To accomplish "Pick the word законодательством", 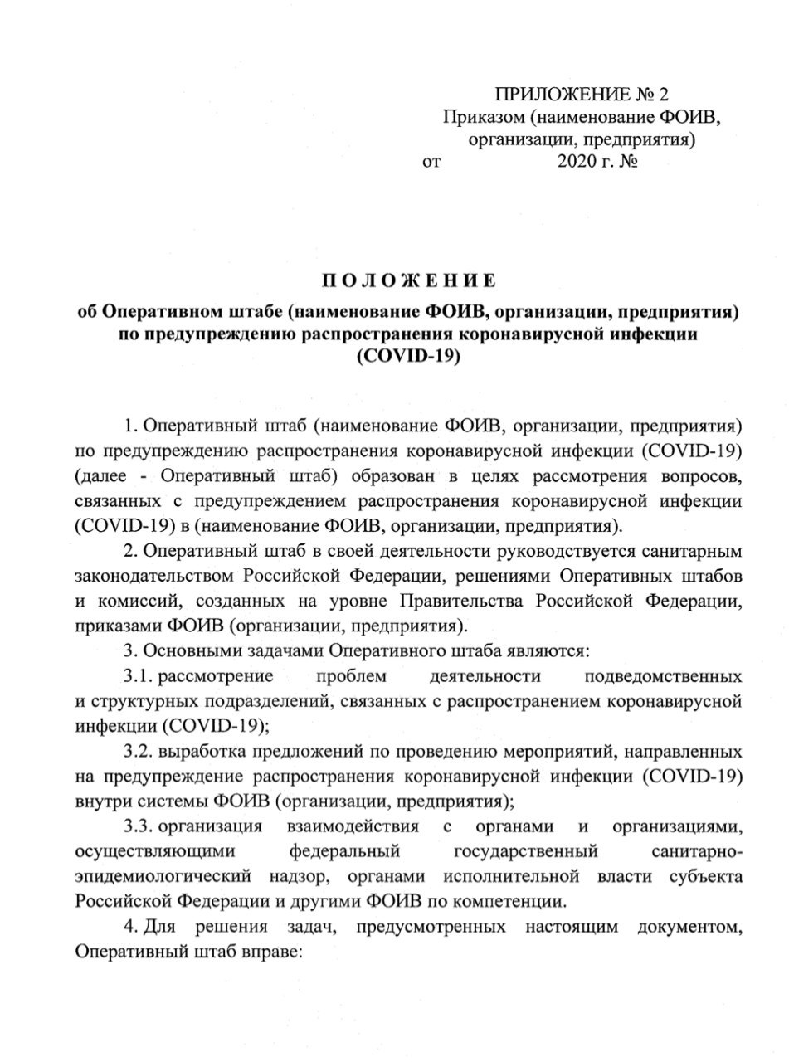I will pos(153,576).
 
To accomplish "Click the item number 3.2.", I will pos(139,753).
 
